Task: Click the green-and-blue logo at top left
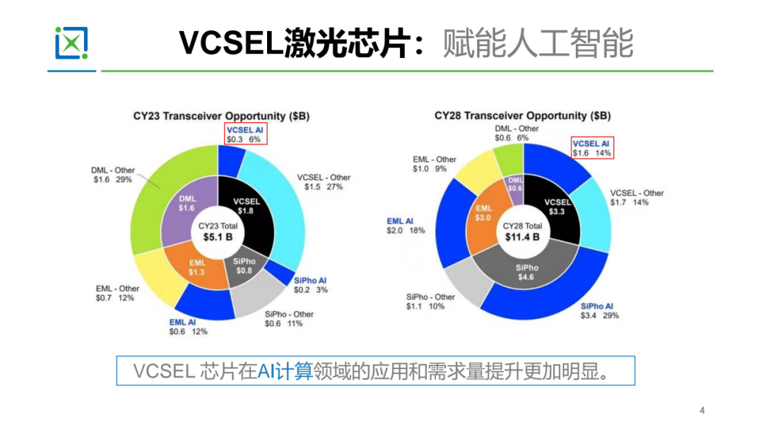[x=71, y=43]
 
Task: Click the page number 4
[x=702, y=410]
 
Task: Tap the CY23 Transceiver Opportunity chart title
[x=222, y=116]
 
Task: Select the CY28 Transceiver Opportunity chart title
[x=522, y=115]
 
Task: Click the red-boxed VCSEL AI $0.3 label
[x=244, y=134]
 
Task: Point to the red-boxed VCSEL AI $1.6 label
[x=591, y=148]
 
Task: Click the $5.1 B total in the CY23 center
[x=218, y=237]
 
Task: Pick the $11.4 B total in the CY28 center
[x=522, y=237]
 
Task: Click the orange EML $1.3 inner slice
[x=197, y=267]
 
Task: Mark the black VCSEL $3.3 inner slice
[x=555, y=207]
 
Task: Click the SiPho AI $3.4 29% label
[x=599, y=311]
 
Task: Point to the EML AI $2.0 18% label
[x=406, y=226]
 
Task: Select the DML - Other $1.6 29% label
[x=112, y=175]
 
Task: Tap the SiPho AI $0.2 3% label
[x=311, y=285]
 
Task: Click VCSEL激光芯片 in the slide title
[x=294, y=44]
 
